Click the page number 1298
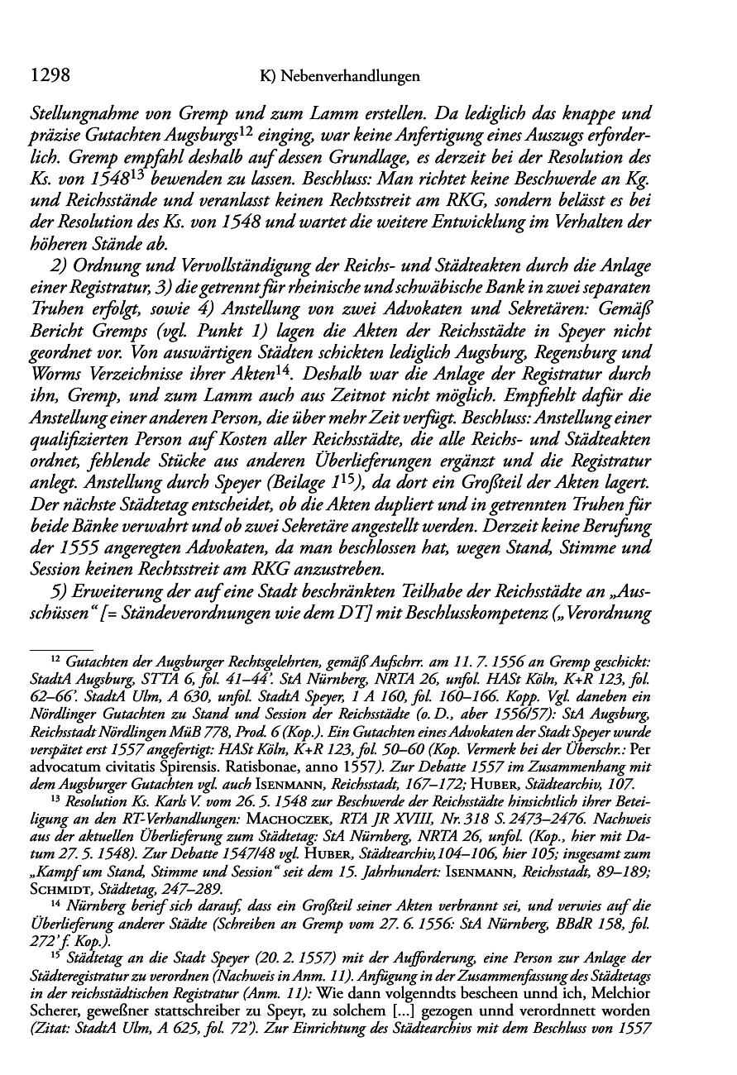point(48,76)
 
